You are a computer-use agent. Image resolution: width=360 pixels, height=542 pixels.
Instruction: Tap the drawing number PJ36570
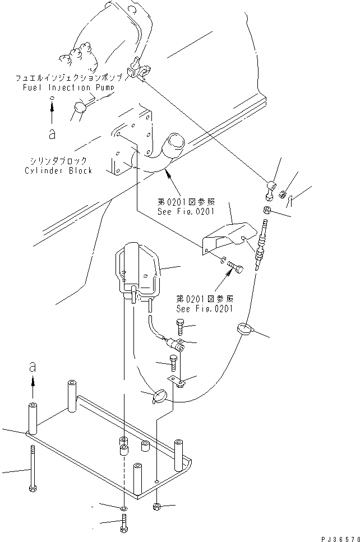tap(339, 538)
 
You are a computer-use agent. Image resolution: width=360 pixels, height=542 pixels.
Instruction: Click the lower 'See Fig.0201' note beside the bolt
tap(205, 309)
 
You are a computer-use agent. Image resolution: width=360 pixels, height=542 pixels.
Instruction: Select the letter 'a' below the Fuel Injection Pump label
tap(52, 135)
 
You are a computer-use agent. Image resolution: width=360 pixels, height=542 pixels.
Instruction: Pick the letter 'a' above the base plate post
tap(33, 368)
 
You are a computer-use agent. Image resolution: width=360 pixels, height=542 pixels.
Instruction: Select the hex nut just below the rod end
tap(267, 211)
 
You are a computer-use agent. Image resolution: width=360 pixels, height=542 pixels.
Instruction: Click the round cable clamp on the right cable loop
tap(246, 330)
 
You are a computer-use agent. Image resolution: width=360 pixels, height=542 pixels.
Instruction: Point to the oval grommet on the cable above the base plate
tap(159, 396)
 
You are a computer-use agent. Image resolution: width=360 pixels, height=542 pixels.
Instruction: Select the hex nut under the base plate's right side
tap(157, 507)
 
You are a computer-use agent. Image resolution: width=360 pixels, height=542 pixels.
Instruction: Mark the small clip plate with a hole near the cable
tap(179, 383)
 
